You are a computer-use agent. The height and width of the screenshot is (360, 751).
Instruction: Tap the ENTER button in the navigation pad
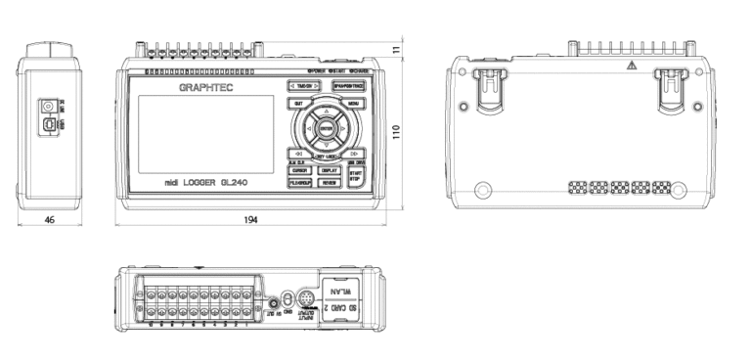pyautogui.click(x=327, y=125)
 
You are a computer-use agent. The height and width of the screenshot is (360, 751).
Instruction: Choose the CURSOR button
pyautogui.click(x=298, y=170)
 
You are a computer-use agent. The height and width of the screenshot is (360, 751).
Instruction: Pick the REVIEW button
pyautogui.click(x=329, y=183)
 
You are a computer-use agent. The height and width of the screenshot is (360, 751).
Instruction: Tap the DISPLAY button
pyautogui.click(x=329, y=170)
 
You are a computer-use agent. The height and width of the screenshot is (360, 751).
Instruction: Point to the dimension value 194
pyautogui.click(x=251, y=221)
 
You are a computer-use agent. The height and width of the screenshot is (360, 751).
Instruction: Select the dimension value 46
pyautogui.click(x=50, y=221)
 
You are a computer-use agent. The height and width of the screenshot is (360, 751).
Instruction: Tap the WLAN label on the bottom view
pyautogui.click(x=339, y=292)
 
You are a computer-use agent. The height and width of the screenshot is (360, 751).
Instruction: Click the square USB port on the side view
pyautogui.click(x=48, y=125)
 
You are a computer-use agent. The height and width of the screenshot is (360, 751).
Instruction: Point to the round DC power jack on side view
pyautogui.click(x=47, y=106)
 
